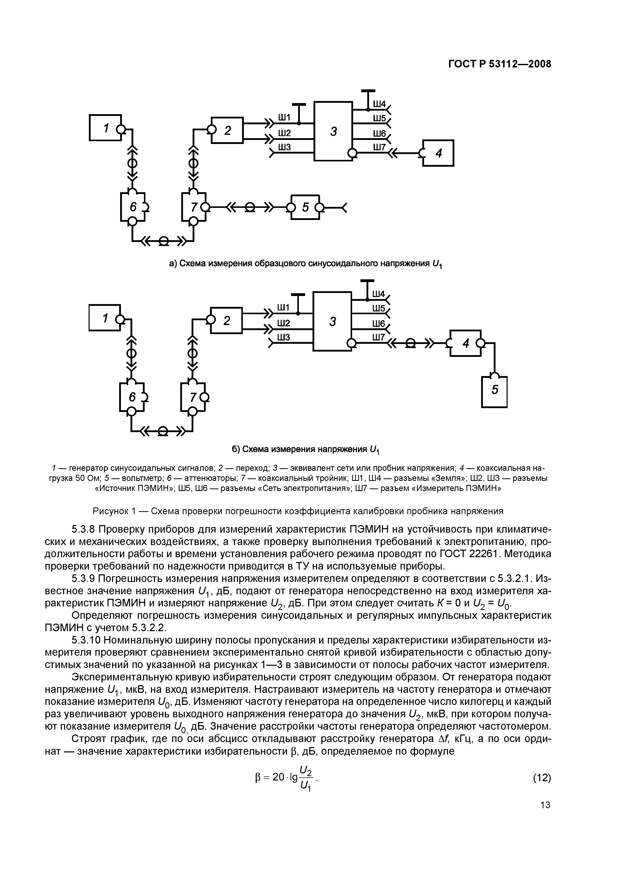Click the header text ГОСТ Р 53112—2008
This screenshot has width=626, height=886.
(500, 64)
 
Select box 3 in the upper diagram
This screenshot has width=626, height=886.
(333, 131)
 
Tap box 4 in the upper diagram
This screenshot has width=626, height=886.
(438, 153)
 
